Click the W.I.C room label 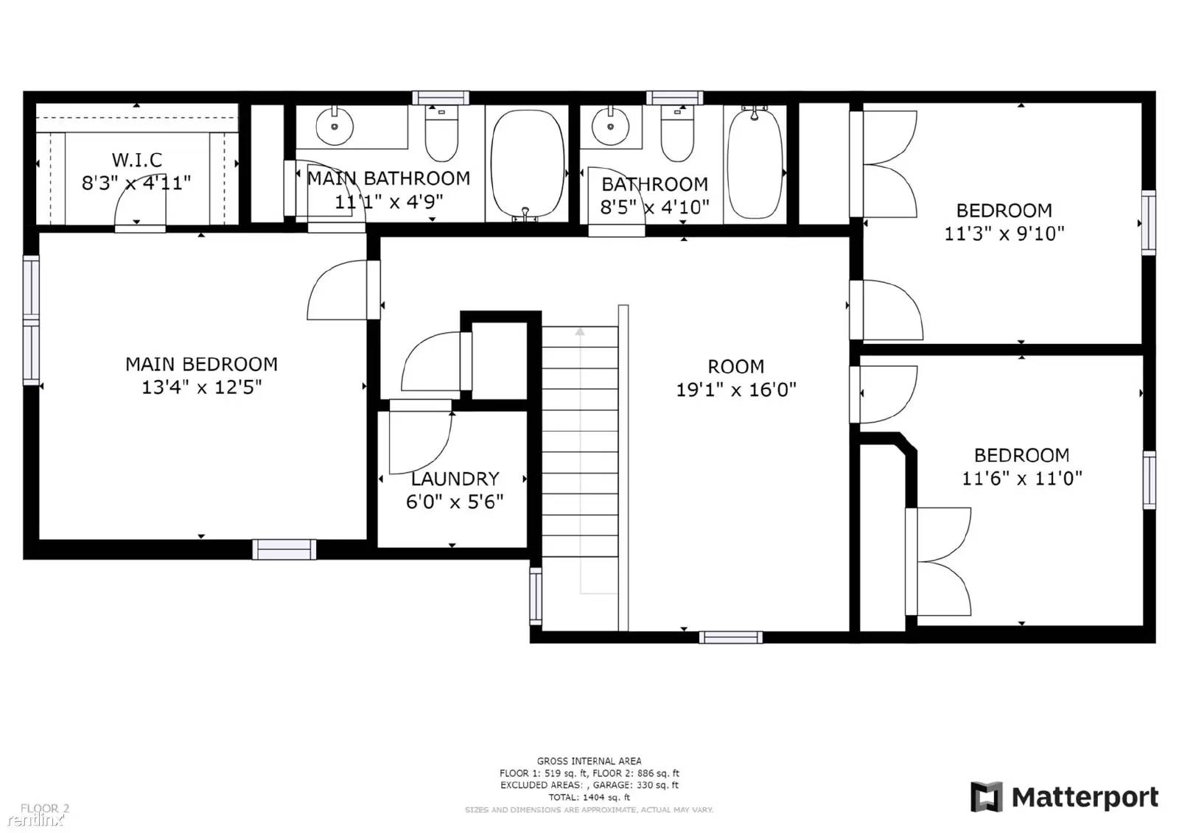(x=137, y=160)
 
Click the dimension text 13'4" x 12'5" (x=201, y=387)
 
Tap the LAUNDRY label (x=455, y=479)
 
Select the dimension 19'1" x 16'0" (x=735, y=390)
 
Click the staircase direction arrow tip (x=580, y=331)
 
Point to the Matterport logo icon (x=986, y=797)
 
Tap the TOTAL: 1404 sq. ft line (x=589, y=797)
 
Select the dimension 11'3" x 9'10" (x=1004, y=234)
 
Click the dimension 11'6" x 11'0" (x=1021, y=479)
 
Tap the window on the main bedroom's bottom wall (x=284, y=549)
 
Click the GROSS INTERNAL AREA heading (x=589, y=761)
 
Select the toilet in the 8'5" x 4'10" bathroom (x=676, y=135)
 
